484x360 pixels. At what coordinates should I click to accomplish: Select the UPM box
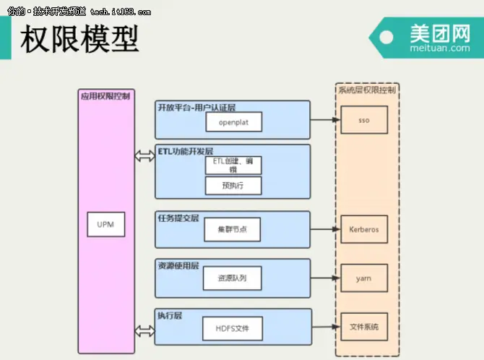(x=105, y=225)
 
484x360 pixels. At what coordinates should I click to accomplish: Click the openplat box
(x=232, y=121)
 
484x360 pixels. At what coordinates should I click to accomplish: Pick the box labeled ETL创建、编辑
(x=232, y=165)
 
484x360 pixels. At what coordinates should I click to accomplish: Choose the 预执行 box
(x=232, y=186)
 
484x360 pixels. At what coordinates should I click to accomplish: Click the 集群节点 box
(x=232, y=229)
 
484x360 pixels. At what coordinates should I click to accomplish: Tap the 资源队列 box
(x=232, y=278)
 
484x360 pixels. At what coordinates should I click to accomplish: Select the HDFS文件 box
(x=232, y=328)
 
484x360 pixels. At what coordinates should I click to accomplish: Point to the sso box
(x=364, y=120)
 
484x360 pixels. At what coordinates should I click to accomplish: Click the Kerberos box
(x=364, y=230)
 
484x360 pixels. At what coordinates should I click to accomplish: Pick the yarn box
(x=364, y=278)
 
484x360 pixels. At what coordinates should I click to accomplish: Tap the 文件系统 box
(x=364, y=327)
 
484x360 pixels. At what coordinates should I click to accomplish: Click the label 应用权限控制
(x=105, y=95)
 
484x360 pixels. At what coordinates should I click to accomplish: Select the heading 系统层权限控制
(x=367, y=90)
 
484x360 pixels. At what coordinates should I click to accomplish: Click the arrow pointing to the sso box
(x=325, y=121)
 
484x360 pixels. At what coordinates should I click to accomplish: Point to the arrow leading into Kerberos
(x=325, y=230)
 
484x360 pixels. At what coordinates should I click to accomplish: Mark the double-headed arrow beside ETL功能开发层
(x=145, y=155)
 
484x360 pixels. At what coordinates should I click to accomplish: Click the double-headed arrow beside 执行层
(x=145, y=330)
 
